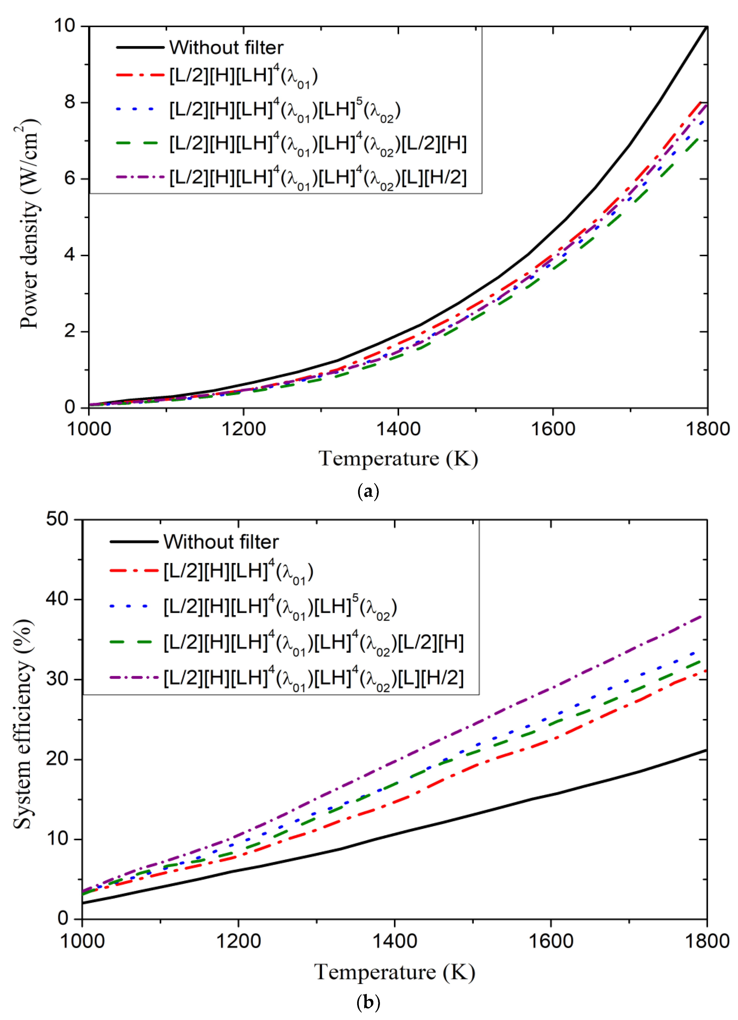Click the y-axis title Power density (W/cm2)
[x=29, y=224]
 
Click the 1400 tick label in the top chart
[x=398, y=429]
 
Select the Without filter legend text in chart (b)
[x=220, y=542]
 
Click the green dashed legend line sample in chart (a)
[x=137, y=143]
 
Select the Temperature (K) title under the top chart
[x=398, y=459]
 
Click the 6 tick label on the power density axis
[x=70, y=178]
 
